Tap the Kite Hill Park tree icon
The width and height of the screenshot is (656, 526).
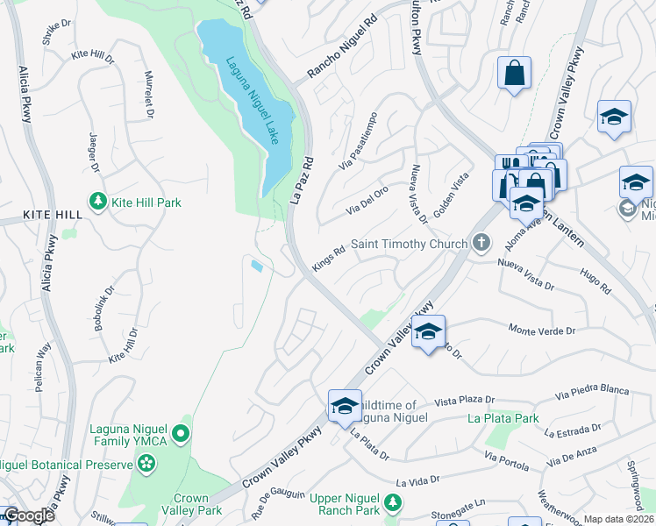click(x=96, y=203)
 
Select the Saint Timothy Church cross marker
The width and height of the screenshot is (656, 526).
click(x=480, y=243)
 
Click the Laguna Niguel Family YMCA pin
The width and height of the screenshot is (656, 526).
click(x=180, y=433)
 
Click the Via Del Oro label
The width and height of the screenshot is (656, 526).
click(x=367, y=201)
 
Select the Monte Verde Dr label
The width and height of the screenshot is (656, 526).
click(x=542, y=331)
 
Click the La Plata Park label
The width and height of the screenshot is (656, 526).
click(x=503, y=418)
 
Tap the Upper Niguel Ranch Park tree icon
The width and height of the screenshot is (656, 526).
click(x=394, y=501)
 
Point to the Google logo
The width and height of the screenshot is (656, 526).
click(x=28, y=515)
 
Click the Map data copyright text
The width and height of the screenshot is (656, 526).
click(x=618, y=519)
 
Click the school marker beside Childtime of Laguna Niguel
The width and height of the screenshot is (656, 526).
click(x=345, y=405)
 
